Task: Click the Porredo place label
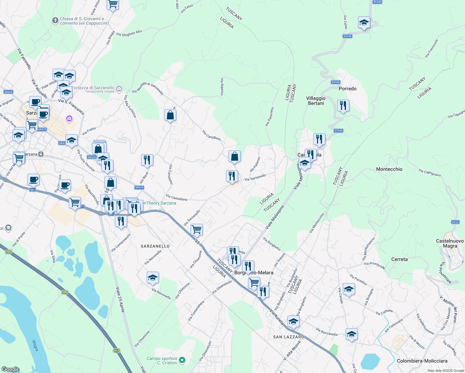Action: coord(348,89)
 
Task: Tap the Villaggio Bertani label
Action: coord(316,101)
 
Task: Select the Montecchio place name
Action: coord(389,169)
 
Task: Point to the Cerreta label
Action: coord(399,259)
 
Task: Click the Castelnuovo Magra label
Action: coord(450,243)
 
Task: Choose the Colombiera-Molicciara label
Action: coord(422,361)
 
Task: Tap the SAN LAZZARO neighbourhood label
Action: coord(288,337)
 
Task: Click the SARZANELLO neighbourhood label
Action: coord(155,246)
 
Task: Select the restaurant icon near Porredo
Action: coord(343,106)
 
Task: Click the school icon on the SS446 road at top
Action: coord(364,23)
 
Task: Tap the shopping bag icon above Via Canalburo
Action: coord(170,115)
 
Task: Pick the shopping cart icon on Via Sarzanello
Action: coord(196,230)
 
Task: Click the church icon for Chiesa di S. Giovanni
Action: coord(55,21)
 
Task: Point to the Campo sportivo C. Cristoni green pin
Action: coord(182,360)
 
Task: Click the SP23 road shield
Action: coord(455,222)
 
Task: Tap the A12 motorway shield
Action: coord(116,351)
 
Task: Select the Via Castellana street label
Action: coord(177,197)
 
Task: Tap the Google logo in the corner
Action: coord(10,369)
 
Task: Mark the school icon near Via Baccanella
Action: coord(352,334)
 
